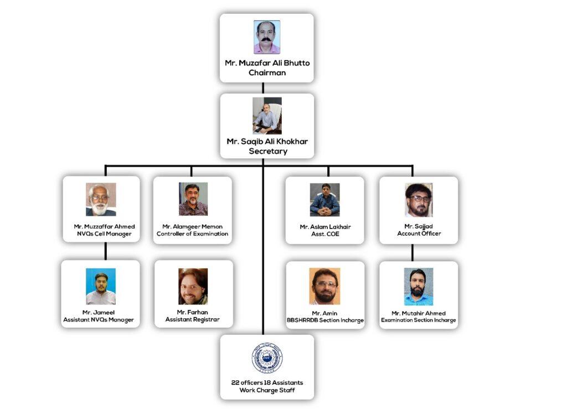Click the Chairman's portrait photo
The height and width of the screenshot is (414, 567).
(267, 37)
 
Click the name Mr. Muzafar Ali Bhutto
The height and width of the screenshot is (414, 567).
(267, 63)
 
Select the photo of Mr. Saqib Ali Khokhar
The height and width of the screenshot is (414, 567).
(267, 116)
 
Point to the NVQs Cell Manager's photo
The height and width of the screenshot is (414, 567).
(101, 199)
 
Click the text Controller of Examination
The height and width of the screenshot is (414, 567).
(192, 234)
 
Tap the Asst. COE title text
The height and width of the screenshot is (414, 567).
(325, 234)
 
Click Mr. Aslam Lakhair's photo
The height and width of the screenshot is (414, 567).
(324, 200)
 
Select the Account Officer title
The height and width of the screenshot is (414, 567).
(419, 234)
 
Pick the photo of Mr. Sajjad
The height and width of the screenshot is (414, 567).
(419, 200)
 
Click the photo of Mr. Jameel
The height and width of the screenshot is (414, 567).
(101, 286)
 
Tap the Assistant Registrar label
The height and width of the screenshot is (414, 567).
(192, 320)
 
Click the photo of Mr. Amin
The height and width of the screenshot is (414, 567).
(324, 286)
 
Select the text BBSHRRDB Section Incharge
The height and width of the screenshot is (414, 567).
(325, 320)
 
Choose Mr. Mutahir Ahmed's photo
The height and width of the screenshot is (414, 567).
(418, 287)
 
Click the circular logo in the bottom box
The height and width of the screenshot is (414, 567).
(267, 358)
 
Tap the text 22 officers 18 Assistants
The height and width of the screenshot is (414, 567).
(267, 382)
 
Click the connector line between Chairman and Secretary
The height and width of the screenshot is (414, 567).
(263, 87)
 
